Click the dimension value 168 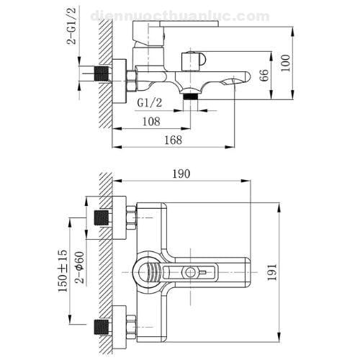[174, 140]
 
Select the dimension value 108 [150, 121]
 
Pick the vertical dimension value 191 [290, 270]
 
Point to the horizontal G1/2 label [149, 103]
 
